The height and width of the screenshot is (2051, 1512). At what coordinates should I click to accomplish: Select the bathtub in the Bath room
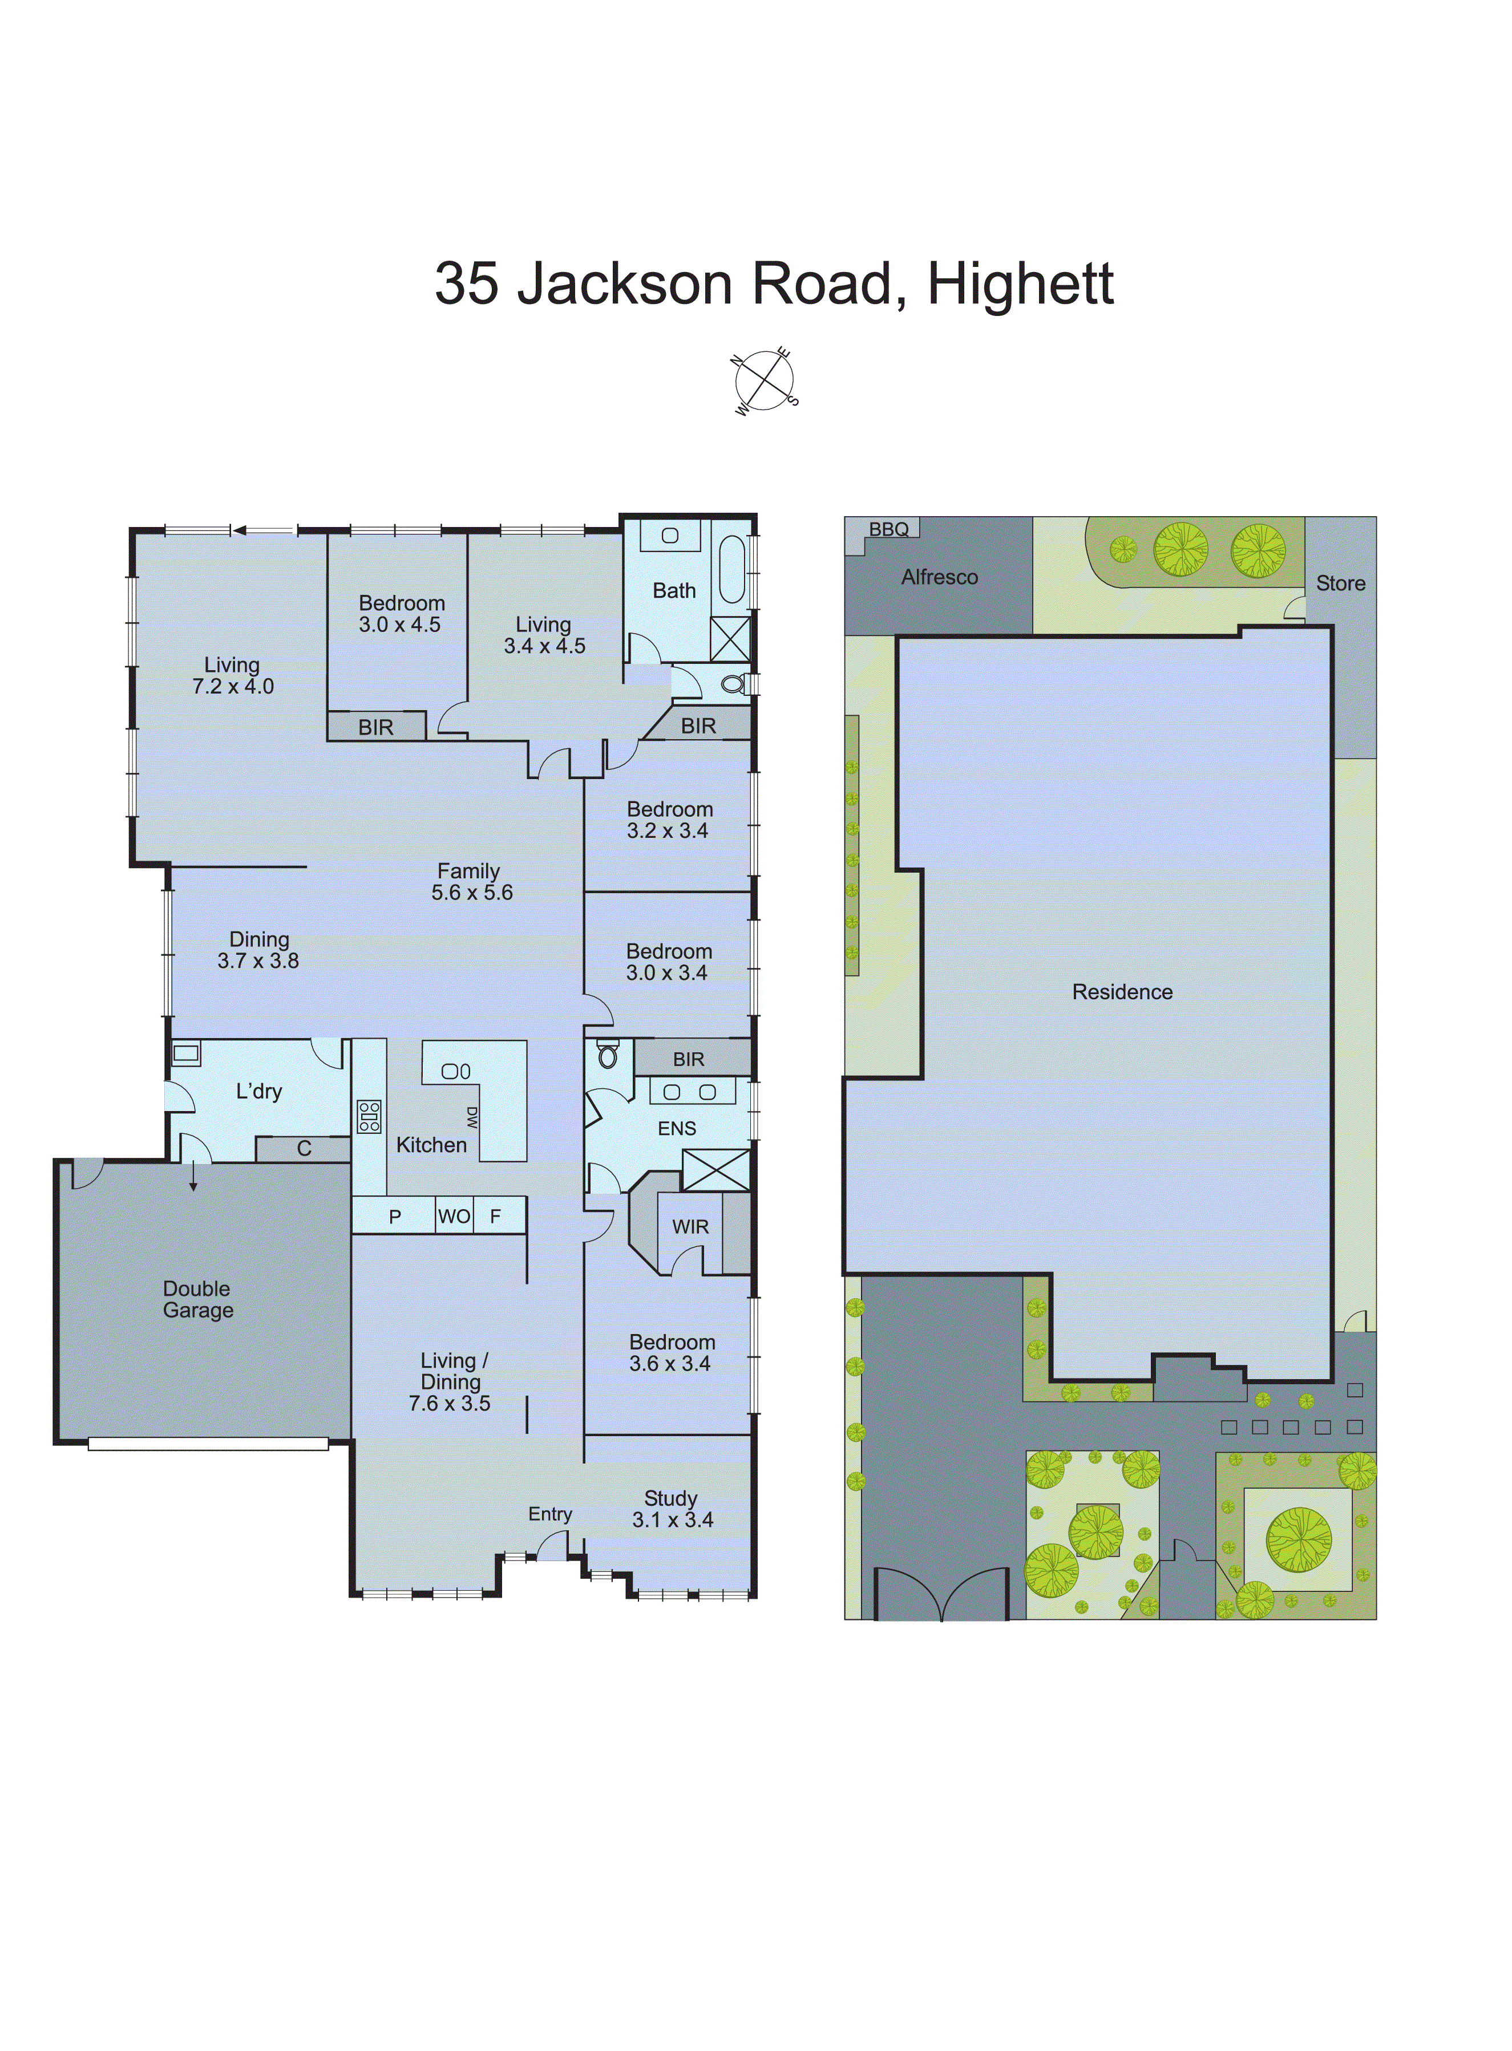click(x=732, y=569)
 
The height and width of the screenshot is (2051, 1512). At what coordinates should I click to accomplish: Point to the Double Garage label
click(x=197, y=1299)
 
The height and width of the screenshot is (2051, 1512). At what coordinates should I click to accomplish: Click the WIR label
click(x=690, y=1227)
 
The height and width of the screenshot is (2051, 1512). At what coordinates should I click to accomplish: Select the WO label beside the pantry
click(x=454, y=1217)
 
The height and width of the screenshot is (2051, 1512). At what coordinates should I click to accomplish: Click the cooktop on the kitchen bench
click(x=369, y=1117)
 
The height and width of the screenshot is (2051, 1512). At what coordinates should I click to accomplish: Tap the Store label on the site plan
click(x=1340, y=583)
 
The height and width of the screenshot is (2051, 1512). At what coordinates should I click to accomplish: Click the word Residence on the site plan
click(x=1122, y=992)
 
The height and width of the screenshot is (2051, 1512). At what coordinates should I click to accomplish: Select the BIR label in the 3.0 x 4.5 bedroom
click(x=375, y=727)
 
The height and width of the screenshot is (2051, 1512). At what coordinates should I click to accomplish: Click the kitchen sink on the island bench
click(x=456, y=1071)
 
